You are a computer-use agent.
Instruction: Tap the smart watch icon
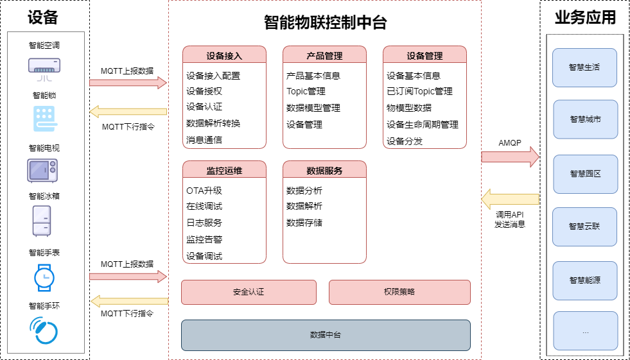[x=44, y=277]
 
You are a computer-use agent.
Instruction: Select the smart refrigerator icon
[x=42, y=221]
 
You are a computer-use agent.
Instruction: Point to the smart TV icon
[x=42, y=171]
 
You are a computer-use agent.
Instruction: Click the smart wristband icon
[x=44, y=330]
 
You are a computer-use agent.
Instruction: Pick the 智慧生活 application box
[x=584, y=67]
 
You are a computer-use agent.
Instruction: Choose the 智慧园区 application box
[x=586, y=174]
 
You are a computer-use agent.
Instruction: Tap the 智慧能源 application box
[x=585, y=280]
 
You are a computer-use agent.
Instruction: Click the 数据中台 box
[x=326, y=335]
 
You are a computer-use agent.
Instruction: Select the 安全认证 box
[x=249, y=292]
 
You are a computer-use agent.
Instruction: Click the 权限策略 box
[x=399, y=292]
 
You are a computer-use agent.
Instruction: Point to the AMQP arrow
[x=511, y=157]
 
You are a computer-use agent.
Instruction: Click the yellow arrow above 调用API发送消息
[x=511, y=199]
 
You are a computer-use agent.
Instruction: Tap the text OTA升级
[x=204, y=191]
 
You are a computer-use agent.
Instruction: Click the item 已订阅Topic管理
[x=419, y=92]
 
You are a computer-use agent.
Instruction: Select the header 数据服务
[x=325, y=171]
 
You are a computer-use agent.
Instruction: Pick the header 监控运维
[x=225, y=171]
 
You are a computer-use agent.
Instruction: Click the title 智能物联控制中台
[x=326, y=22]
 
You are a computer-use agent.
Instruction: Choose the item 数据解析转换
[x=213, y=123]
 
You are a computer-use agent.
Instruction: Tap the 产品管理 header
[x=325, y=55]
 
